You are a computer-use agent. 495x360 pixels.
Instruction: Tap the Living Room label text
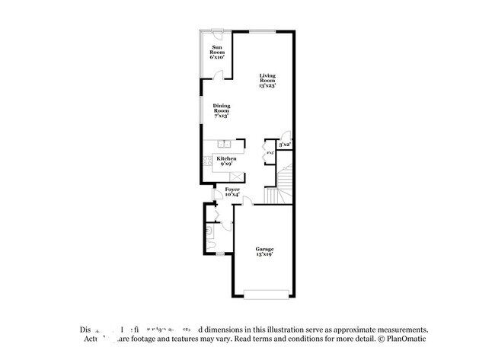coord(267,80)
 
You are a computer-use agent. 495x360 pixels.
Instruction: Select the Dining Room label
coord(222,110)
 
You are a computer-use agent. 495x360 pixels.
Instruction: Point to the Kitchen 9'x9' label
coord(226,161)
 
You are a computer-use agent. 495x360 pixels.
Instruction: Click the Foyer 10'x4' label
coord(233,191)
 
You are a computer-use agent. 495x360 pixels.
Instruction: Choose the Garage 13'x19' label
coord(264,251)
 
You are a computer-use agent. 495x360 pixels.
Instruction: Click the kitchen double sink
coord(225,143)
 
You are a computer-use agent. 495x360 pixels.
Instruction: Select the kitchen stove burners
coord(206,161)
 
